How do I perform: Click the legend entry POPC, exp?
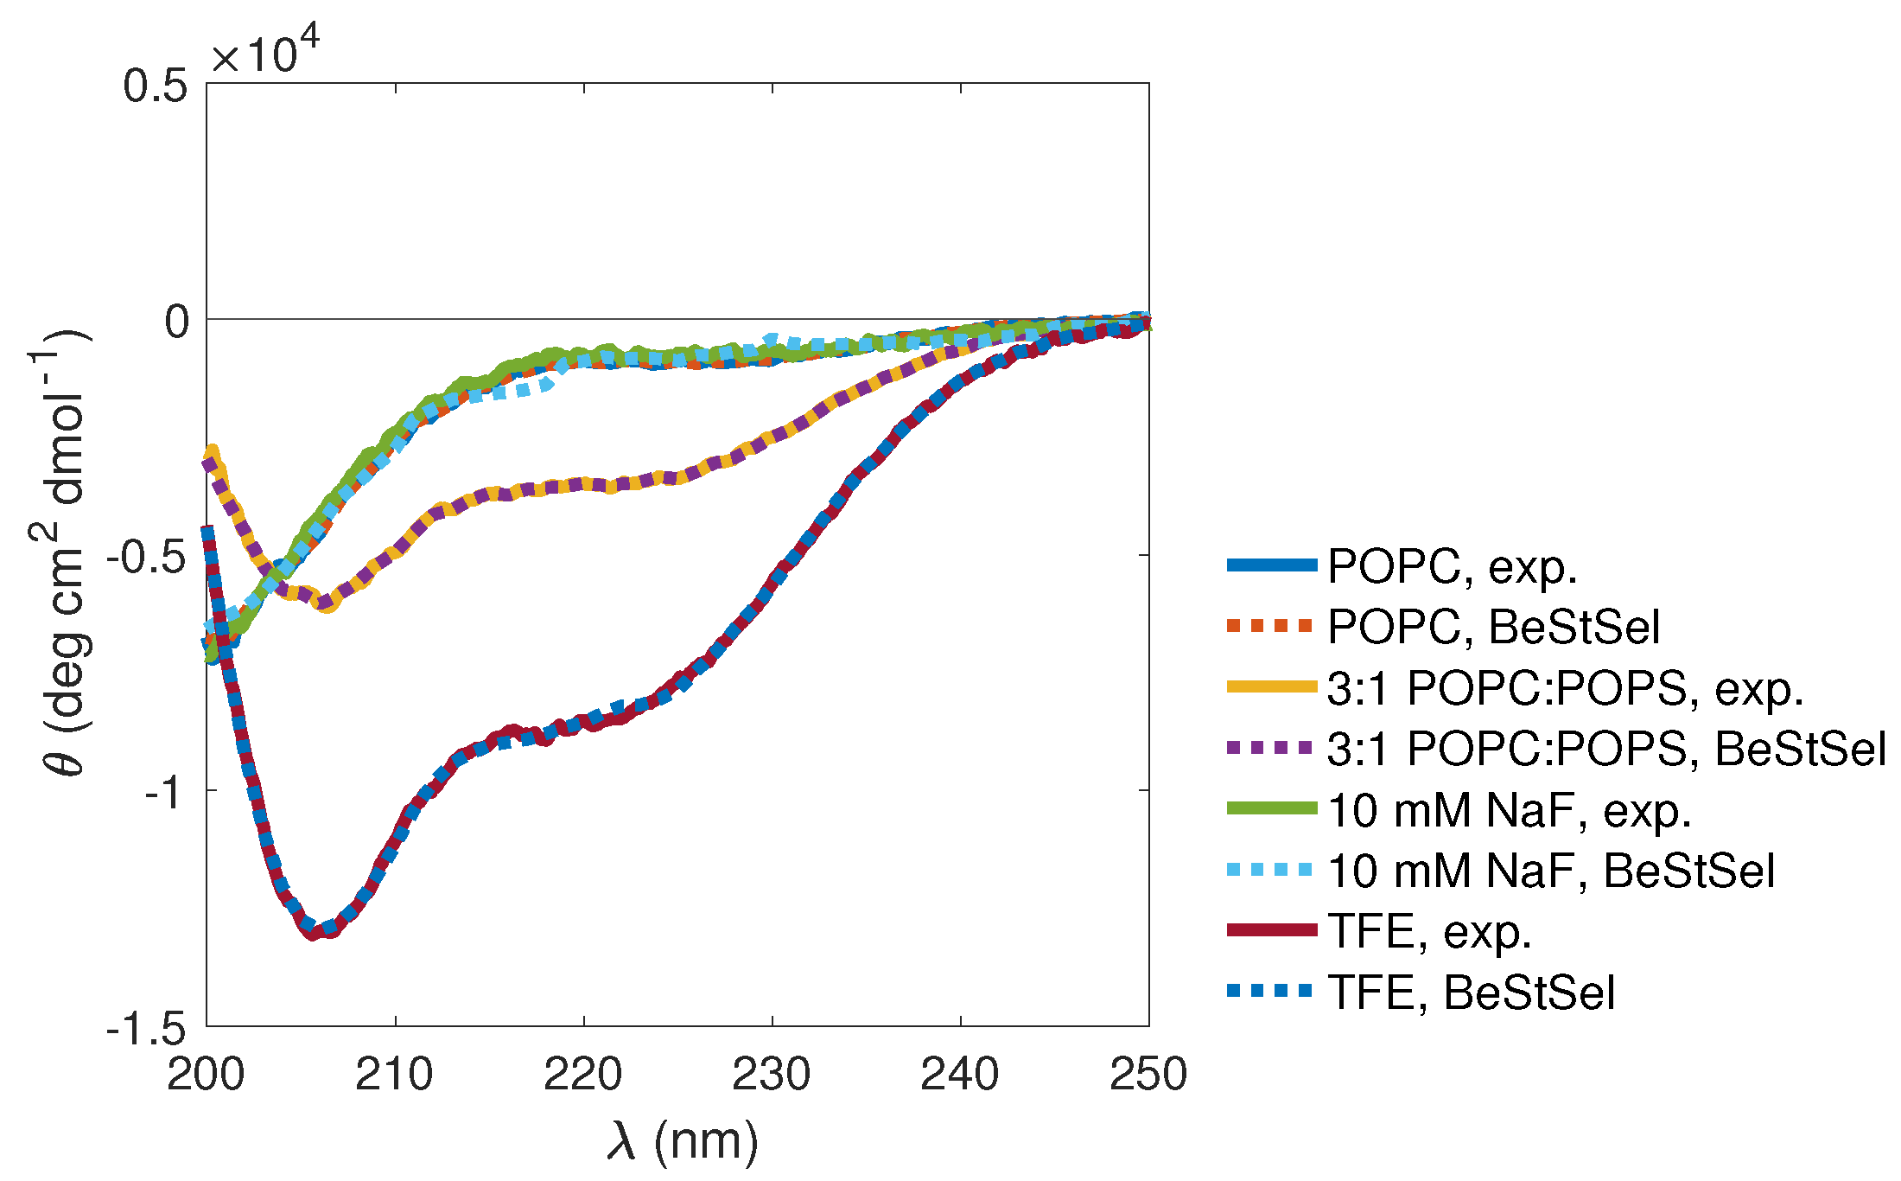(1452, 567)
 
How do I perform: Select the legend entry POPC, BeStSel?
(1493, 627)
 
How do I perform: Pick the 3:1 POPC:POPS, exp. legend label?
(1565, 689)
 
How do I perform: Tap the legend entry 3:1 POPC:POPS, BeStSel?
(1605, 749)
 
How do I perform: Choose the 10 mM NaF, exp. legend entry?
(1509, 811)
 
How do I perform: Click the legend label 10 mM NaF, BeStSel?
(1550, 871)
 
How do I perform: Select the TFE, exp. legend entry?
(1429, 932)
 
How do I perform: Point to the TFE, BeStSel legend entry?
(1471, 993)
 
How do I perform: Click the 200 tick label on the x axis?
(206, 1075)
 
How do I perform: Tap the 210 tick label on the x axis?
(395, 1075)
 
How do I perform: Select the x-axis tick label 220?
(583, 1075)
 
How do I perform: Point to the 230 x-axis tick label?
(772, 1075)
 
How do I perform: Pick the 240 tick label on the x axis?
(960, 1075)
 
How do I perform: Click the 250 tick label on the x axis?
(1148, 1075)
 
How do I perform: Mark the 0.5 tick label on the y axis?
(156, 86)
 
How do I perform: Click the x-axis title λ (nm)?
(683, 1141)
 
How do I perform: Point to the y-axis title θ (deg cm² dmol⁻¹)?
(62, 553)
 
